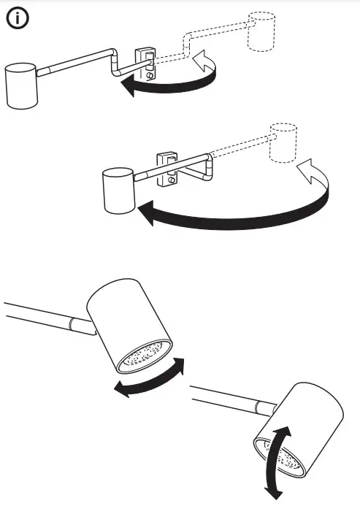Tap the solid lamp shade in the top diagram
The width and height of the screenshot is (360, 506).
point(21,85)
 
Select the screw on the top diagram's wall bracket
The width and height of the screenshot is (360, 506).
point(150,74)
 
